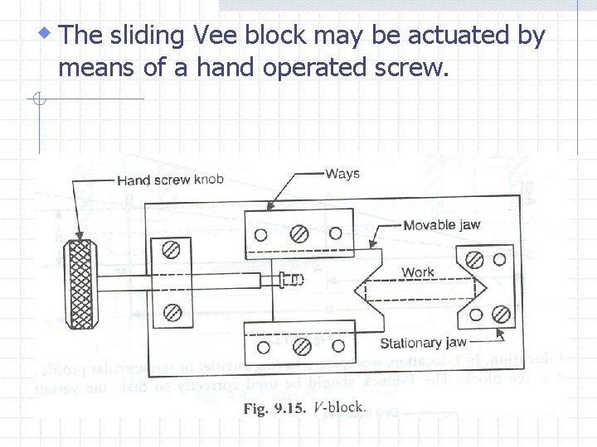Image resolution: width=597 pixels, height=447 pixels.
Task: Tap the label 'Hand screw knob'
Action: [170, 180]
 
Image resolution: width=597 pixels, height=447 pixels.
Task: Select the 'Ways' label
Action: [342, 173]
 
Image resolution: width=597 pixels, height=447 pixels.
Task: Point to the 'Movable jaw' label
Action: [441, 225]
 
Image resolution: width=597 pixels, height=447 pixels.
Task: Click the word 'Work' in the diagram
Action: [418, 272]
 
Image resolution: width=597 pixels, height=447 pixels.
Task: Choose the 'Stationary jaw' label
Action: [423, 343]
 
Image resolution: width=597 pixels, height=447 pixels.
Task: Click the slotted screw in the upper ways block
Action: [299, 234]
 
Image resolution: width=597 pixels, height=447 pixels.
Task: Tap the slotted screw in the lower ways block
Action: [303, 344]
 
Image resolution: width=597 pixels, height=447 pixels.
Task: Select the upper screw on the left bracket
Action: [172, 248]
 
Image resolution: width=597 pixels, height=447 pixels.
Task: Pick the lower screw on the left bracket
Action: [172, 312]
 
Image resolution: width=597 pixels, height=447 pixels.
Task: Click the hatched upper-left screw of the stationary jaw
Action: [475, 260]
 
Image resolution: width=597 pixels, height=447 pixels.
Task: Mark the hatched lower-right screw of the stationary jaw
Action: [500, 315]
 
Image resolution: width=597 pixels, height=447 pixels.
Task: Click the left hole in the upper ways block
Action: [260, 234]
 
